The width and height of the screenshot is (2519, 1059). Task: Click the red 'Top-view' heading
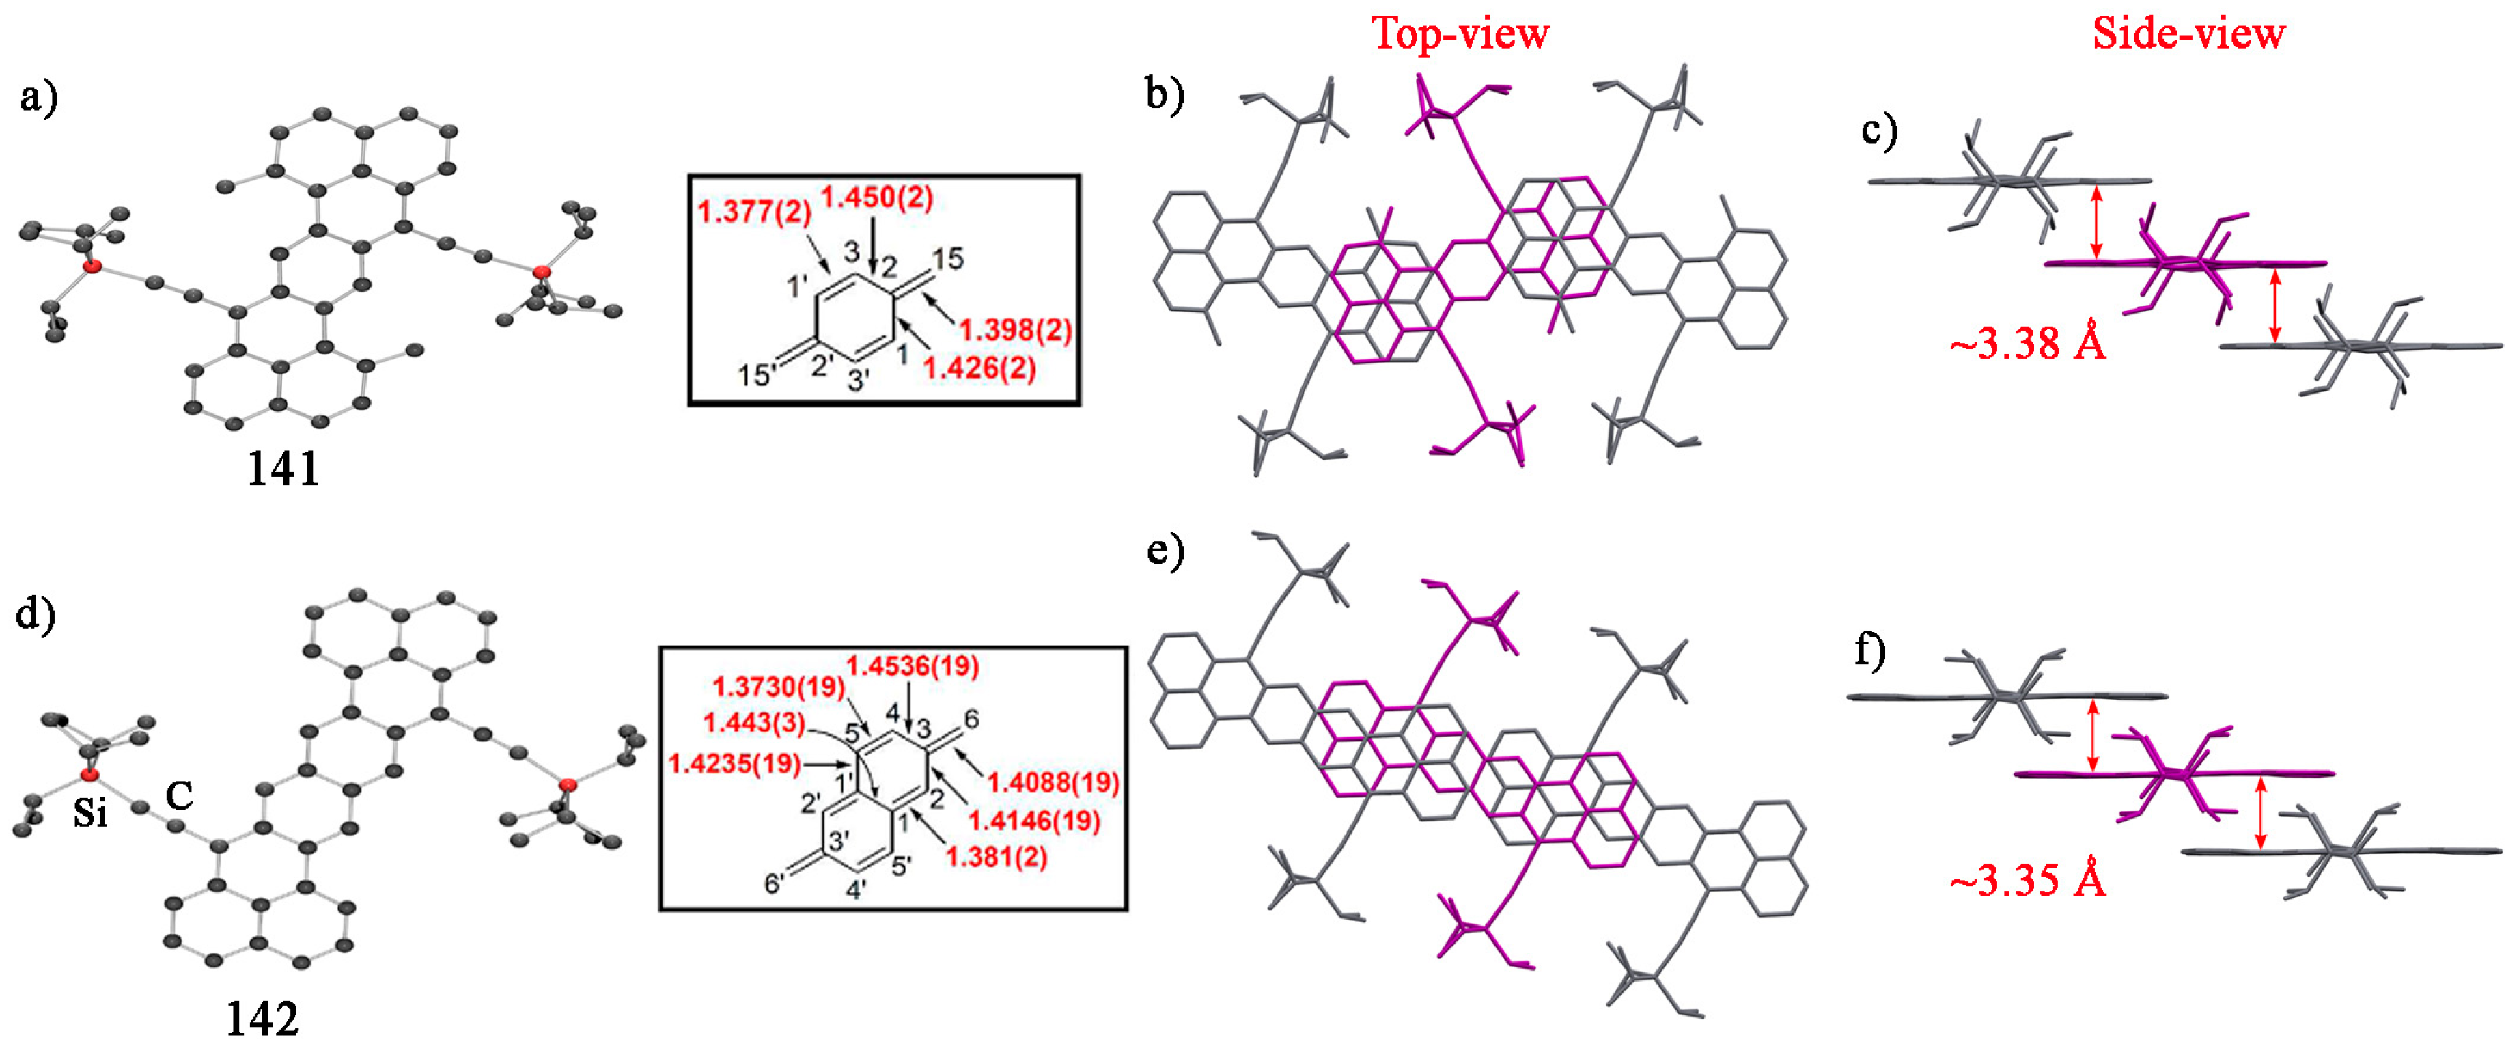pyautogui.click(x=1461, y=34)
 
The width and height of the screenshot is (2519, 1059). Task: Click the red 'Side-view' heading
pyautogui.click(x=2188, y=34)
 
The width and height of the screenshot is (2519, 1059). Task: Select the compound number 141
pyautogui.click(x=283, y=469)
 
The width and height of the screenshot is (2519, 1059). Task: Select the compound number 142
pyautogui.click(x=262, y=1020)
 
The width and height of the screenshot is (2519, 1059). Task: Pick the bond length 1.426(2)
pyautogui.click(x=979, y=369)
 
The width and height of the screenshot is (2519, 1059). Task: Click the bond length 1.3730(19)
pyautogui.click(x=779, y=687)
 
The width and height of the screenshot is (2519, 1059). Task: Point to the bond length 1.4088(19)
pyautogui.click(x=1053, y=782)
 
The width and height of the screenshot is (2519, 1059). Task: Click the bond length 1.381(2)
pyautogui.click(x=997, y=857)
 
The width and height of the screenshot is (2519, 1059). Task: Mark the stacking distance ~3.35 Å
pyautogui.click(x=2027, y=881)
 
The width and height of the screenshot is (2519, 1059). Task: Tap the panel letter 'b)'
pyautogui.click(x=1165, y=95)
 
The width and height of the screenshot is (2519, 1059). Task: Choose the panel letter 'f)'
pyautogui.click(x=1869, y=650)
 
